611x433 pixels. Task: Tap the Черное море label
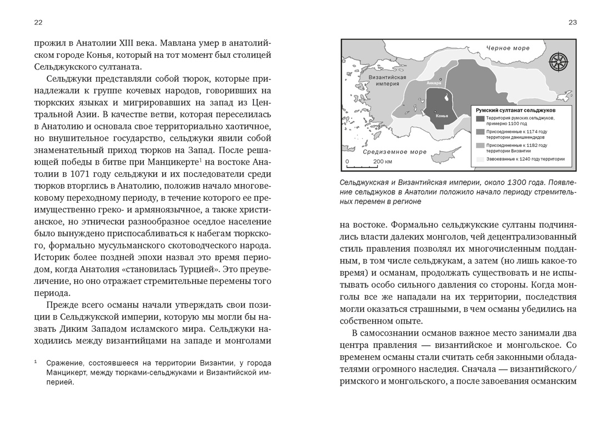(508, 48)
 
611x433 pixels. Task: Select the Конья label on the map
(442, 117)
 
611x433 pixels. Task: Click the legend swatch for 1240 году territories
(480, 159)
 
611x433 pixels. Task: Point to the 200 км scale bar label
(382, 162)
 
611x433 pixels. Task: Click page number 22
(38, 22)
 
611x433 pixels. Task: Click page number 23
(572, 22)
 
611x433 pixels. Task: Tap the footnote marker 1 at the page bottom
(36, 361)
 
